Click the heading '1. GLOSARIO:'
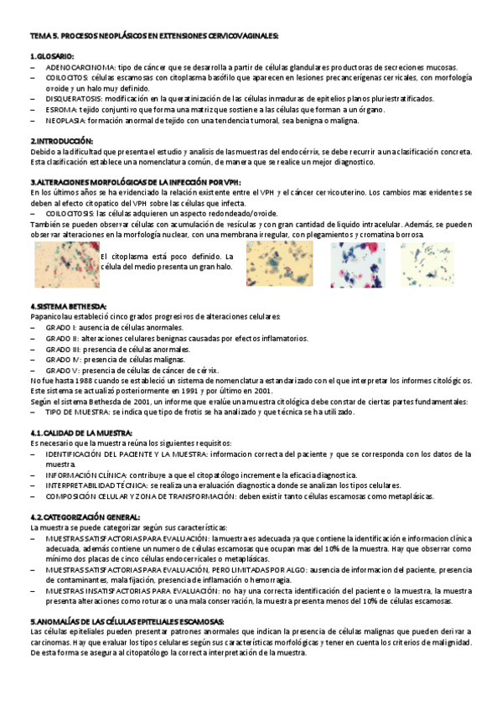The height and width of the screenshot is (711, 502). point(52,55)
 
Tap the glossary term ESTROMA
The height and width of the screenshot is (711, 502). point(61,109)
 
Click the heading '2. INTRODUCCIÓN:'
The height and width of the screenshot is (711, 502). point(62,141)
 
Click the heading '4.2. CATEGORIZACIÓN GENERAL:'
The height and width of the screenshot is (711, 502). point(85,516)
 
